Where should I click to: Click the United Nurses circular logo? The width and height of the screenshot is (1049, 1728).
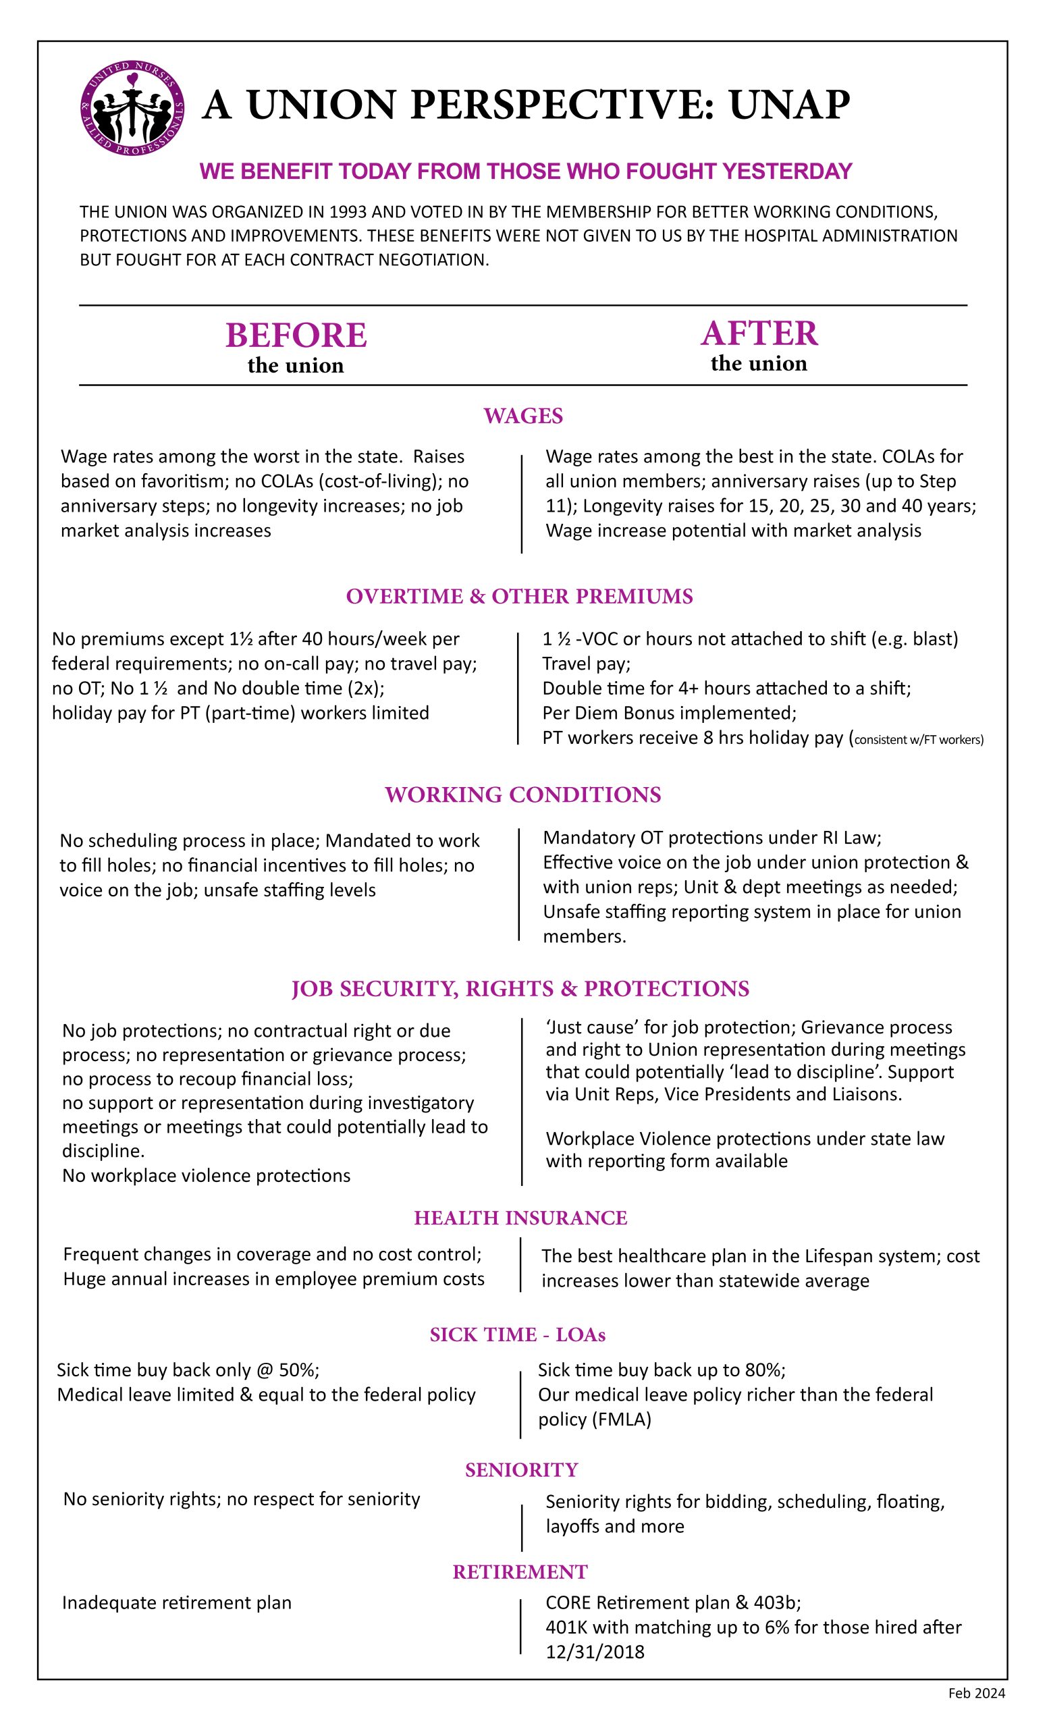[132, 108]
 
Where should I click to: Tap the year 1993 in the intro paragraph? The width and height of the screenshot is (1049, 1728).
[347, 212]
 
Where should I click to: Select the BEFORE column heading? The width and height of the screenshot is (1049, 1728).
[296, 335]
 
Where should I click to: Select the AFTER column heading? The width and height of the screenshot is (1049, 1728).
[759, 333]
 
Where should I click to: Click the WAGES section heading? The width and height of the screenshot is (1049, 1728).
[523, 416]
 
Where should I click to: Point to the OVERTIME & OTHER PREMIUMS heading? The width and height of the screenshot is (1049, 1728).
[520, 596]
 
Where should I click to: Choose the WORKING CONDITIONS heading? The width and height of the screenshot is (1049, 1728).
[523, 794]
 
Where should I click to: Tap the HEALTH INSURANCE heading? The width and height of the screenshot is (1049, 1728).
[520, 1218]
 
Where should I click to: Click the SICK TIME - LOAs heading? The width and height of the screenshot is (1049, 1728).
[518, 1334]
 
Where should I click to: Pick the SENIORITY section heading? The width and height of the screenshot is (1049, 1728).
[522, 1469]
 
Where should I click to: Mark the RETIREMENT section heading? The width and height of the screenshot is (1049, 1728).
[520, 1571]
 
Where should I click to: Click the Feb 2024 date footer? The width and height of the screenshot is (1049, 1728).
[977, 1693]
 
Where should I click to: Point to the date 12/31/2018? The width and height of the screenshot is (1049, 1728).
[595, 1652]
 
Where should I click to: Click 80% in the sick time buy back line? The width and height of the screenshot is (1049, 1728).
[765, 1370]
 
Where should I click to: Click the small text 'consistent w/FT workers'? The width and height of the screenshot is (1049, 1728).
[918, 739]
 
